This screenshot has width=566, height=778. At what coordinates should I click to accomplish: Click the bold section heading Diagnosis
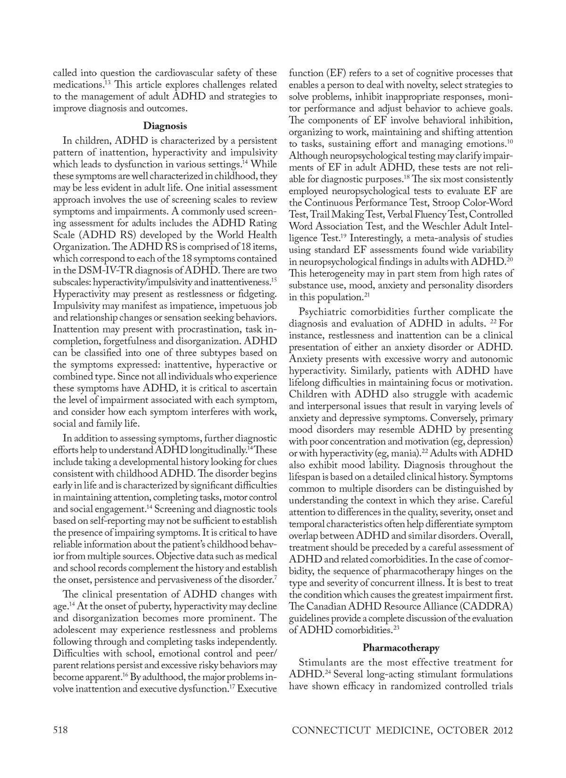click(165, 126)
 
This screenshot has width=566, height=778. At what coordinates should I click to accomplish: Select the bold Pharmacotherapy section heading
click(401, 647)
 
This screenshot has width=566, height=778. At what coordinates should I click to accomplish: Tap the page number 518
click(60, 730)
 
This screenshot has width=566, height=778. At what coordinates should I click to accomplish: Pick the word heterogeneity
click(335, 273)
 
